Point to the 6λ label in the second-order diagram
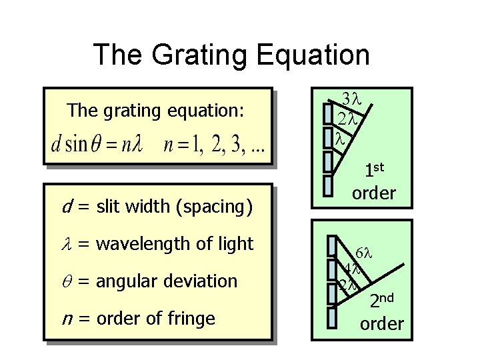368,253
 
